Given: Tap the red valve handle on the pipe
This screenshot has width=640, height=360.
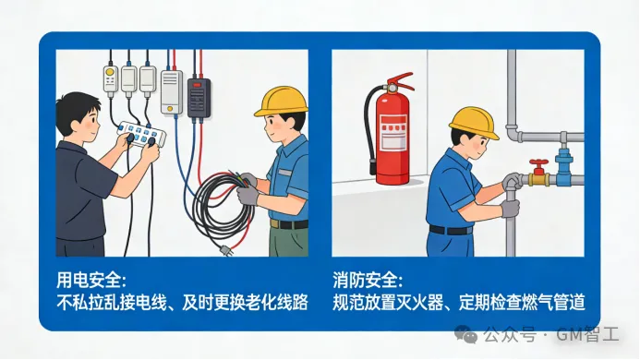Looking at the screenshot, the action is [x=539, y=162].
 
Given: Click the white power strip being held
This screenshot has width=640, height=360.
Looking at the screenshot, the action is [x=141, y=133].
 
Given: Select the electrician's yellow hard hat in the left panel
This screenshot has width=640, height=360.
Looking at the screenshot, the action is [x=282, y=101].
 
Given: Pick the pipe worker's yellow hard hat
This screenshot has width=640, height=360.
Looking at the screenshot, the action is [x=475, y=122].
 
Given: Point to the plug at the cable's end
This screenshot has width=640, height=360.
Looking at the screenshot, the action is [x=225, y=250].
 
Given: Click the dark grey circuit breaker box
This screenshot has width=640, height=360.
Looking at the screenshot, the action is [x=199, y=98].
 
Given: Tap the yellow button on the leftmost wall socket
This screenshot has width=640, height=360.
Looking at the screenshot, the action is [x=109, y=72].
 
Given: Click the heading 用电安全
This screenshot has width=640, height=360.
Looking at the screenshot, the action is [x=91, y=280].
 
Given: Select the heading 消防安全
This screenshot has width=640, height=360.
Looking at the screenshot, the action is [x=368, y=280].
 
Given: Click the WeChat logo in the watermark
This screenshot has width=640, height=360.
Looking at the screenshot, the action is [x=465, y=334].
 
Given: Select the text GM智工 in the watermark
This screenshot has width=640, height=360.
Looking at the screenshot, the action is [x=587, y=334].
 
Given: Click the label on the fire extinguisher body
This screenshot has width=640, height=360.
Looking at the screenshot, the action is [x=393, y=132].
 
